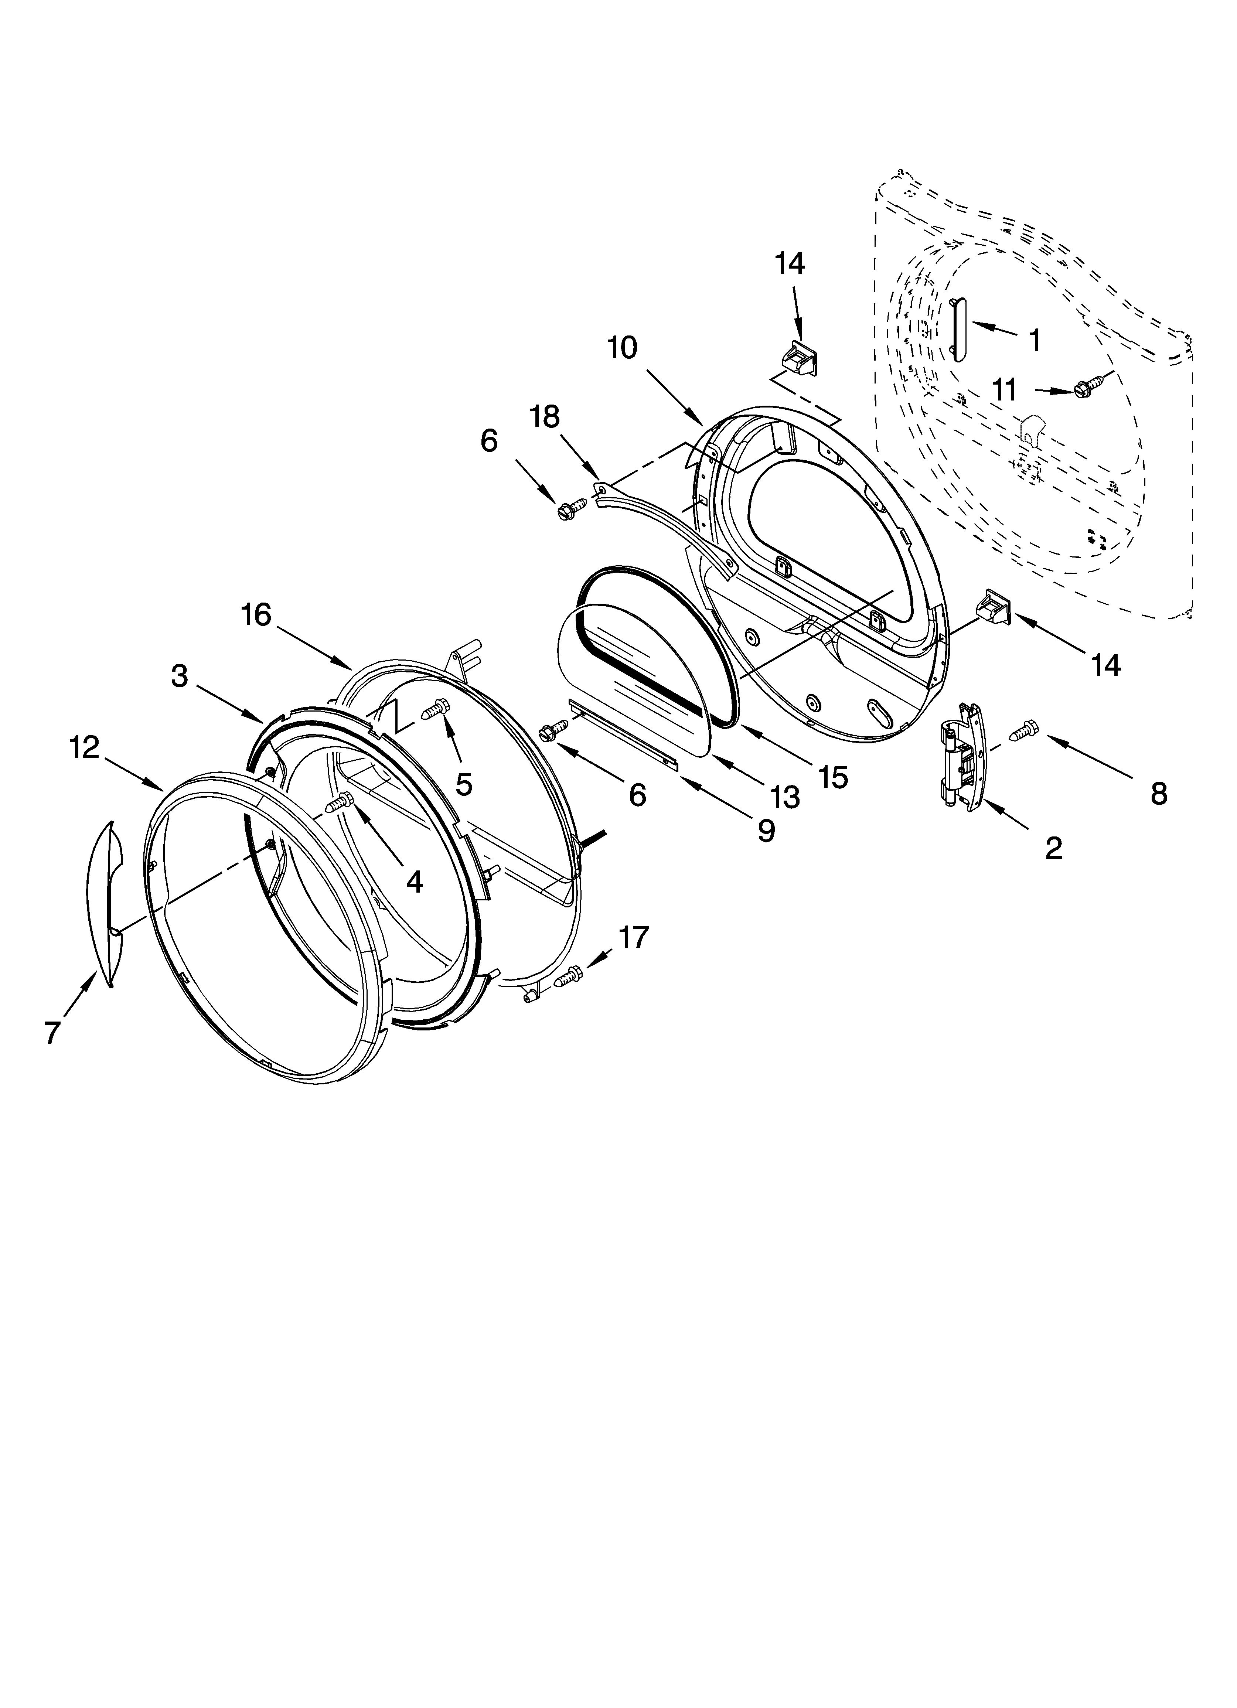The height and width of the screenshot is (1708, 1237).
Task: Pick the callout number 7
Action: tap(51, 1032)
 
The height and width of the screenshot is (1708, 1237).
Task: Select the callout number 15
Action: tap(833, 777)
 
